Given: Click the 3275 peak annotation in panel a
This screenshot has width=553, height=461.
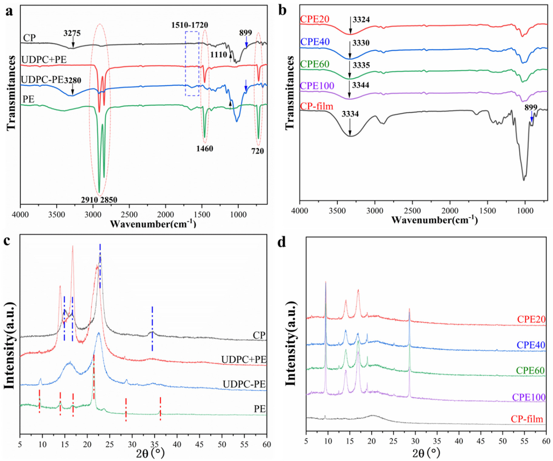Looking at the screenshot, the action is click(72, 33).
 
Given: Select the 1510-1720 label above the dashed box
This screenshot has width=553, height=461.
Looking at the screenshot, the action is click(190, 25).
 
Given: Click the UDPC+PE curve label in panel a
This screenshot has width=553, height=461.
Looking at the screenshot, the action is click(44, 60).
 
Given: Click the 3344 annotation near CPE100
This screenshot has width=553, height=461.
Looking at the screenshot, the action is click(361, 85).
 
